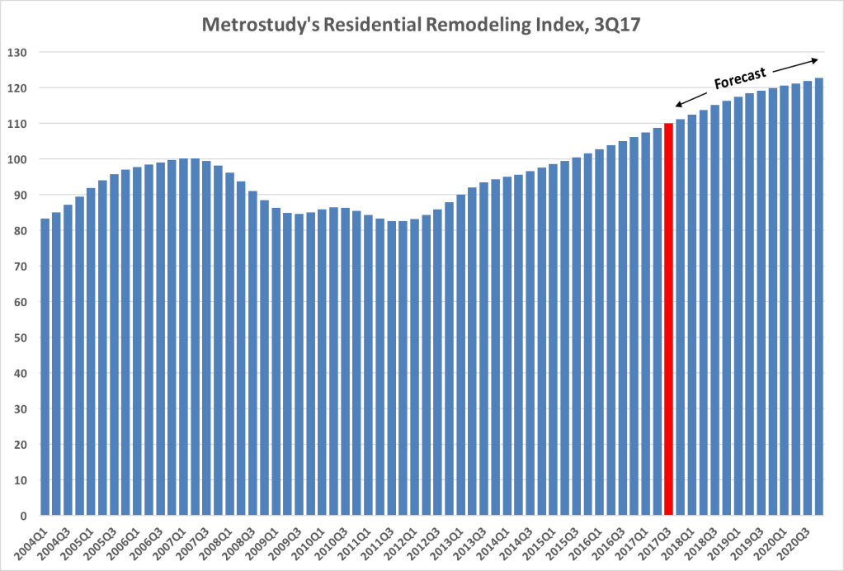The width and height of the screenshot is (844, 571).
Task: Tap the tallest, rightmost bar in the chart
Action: (x=819, y=297)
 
